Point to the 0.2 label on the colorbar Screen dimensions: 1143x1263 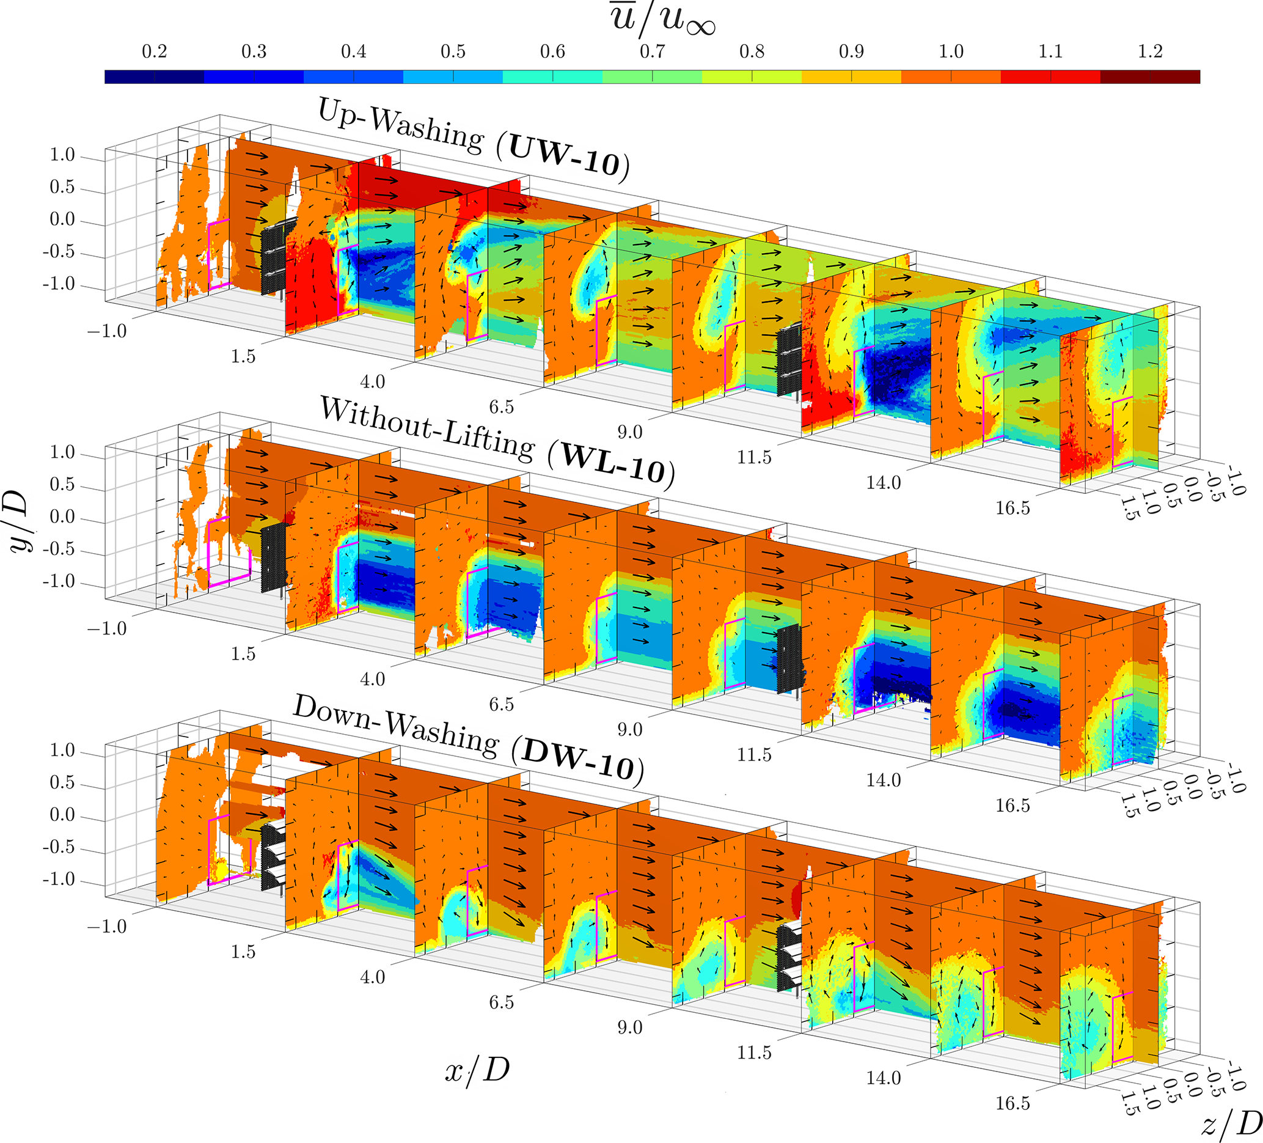click(x=154, y=51)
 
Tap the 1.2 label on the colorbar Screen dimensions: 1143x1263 click(x=1149, y=51)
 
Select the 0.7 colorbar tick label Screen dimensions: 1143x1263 click(x=651, y=51)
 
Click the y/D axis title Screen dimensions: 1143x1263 click(x=19, y=520)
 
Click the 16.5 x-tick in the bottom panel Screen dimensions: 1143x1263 click(x=1012, y=1103)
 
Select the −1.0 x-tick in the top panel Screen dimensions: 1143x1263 click(x=107, y=331)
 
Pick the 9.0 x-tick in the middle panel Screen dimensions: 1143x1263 click(x=629, y=729)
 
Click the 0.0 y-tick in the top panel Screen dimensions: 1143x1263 click(x=62, y=219)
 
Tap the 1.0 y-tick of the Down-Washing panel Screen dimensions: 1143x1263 click(x=62, y=750)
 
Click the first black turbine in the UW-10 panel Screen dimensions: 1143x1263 click(x=276, y=257)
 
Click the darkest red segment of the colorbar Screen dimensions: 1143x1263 click(x=1149, y=77)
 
